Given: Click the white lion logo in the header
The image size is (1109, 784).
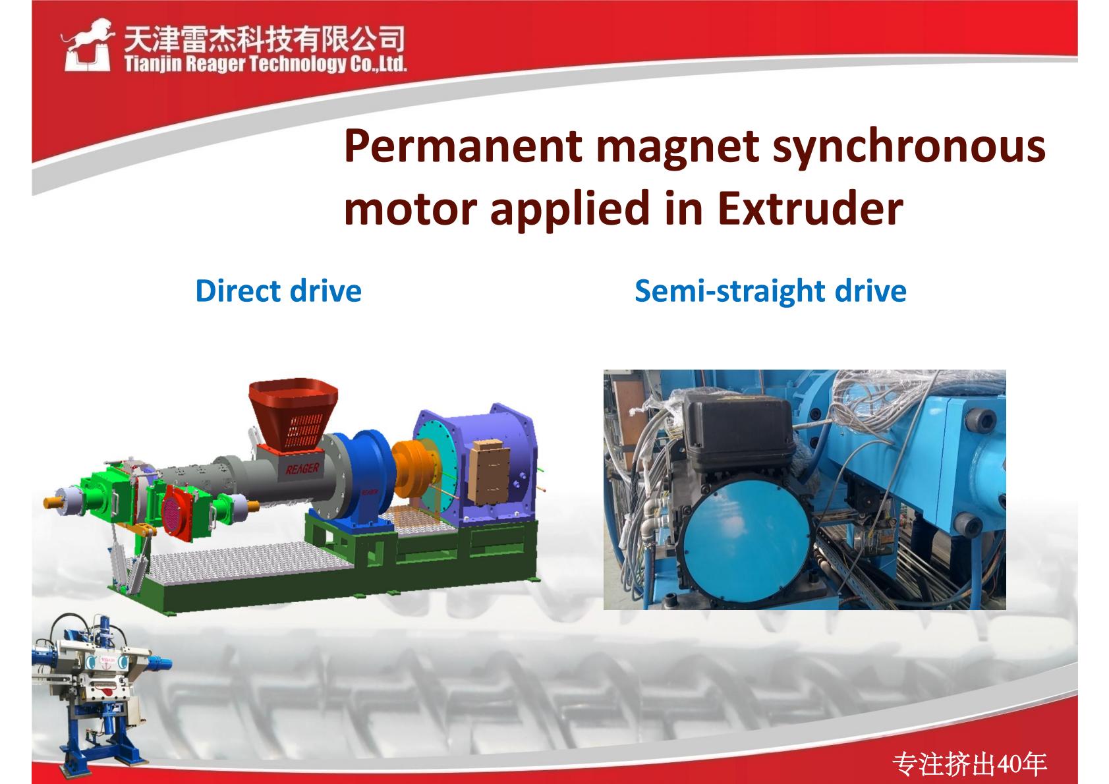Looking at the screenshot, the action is (87, 45).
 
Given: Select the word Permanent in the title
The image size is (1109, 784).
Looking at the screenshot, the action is (463, 146).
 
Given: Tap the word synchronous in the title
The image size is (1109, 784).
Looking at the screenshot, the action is (909, 146).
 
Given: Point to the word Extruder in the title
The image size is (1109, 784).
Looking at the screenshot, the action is (810, 209).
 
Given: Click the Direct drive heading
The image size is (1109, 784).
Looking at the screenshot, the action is (279, 291).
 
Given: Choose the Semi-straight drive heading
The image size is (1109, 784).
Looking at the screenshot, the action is (770, 291).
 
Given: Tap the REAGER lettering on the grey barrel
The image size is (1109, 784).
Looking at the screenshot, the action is (302, 468).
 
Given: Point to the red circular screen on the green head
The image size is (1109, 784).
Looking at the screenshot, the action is (177, 513).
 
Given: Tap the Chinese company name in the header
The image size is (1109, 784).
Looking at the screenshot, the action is (264, 40).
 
